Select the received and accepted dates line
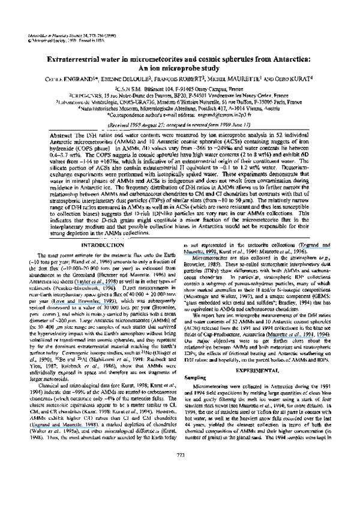[179, 124]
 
